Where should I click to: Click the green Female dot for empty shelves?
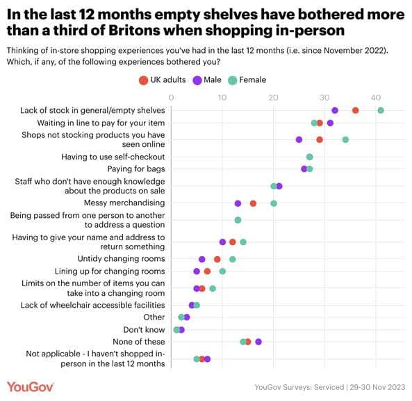380,110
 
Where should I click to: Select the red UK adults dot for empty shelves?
355,110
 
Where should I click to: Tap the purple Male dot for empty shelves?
335,110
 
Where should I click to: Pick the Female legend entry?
247,80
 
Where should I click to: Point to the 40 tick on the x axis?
376,97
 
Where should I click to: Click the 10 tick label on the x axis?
222,97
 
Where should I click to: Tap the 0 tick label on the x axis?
171,97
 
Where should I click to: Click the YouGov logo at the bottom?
33,386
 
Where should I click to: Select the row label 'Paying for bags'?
135,168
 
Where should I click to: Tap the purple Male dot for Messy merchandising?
238,203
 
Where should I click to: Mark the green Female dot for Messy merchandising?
274,203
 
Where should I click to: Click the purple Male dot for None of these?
258,342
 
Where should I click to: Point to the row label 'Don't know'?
144,329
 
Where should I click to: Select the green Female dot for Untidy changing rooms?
233,259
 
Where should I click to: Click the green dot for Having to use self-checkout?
309,157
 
